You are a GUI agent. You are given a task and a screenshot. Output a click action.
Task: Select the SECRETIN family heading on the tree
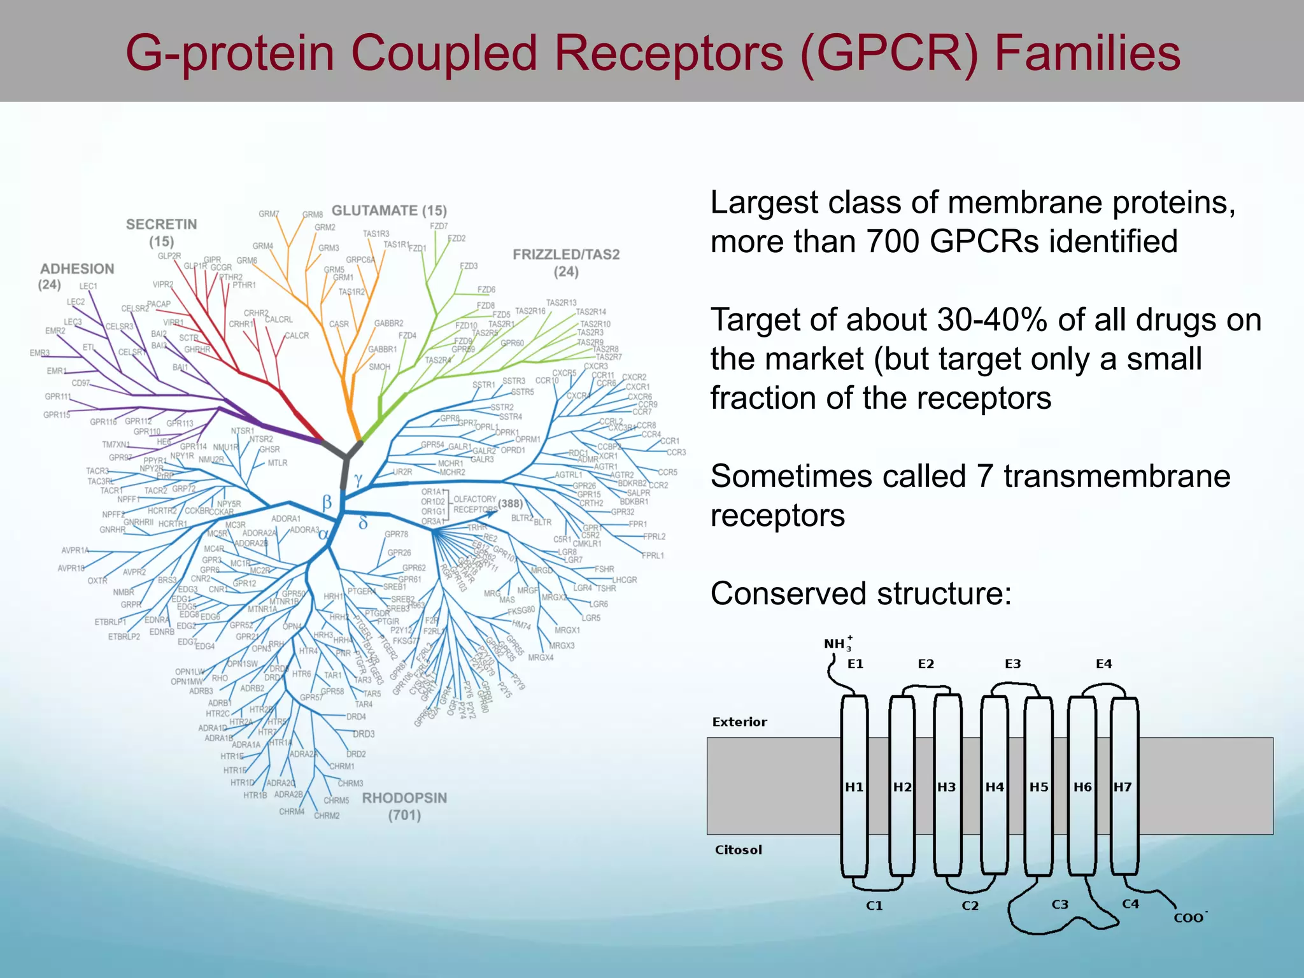click(x=161, y=225)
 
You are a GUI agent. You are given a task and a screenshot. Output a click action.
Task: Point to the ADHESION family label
click(x=77, y=269)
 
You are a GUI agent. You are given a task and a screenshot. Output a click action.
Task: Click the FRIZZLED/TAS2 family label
click(x=566, y=255)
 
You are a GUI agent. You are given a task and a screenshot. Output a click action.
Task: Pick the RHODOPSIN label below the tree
click(x=404, y=798)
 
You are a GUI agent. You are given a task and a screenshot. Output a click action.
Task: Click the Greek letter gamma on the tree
click(x=358, y=479)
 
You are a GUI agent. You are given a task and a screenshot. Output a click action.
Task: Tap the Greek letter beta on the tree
click(x=327, y=502)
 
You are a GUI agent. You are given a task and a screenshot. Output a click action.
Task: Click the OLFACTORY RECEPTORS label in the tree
click(x=475, y=504)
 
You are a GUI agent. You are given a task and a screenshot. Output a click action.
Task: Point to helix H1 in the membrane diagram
click(x=854, y=787)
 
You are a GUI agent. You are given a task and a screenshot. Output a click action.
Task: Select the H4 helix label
click(x=995, y=787)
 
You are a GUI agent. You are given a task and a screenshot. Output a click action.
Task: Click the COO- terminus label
click(x=1189, y=918)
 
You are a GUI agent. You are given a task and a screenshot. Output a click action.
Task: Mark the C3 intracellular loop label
click(x=1059, y=904)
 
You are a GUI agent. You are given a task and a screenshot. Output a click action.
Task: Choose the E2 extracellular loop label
click(x=926, y=664)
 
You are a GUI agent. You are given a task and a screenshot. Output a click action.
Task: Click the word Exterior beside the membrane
click(x=739, y=722)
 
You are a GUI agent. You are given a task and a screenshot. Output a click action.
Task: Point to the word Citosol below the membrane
click(x=738, y=850)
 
